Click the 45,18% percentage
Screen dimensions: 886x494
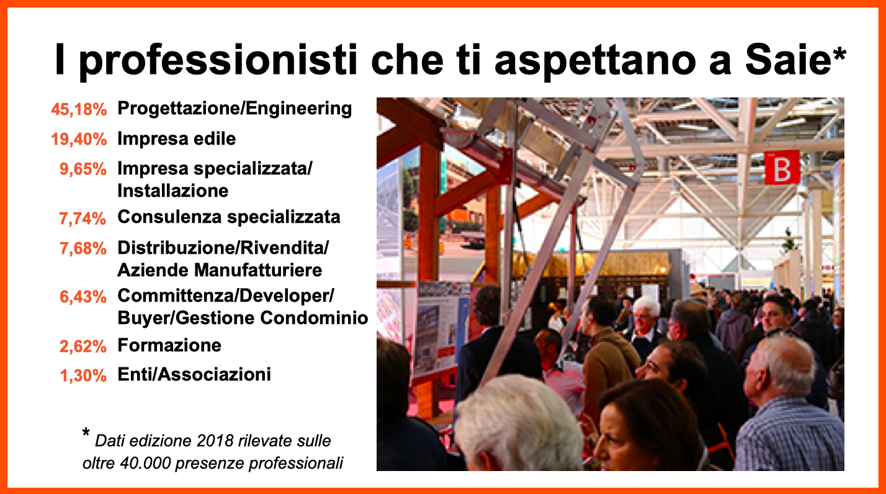click(x=79, y=110)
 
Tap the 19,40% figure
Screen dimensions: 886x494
click(x=79, y=139)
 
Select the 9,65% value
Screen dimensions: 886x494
click(x=83, y=169)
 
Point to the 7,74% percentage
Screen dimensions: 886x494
click(x=83, y=218)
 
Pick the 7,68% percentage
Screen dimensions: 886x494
click(x=83, y=249)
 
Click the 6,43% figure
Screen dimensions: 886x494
click(x=83, y=297)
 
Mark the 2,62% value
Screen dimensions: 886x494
click(x=83, y=346)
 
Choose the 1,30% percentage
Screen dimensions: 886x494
click(x=83, y=375)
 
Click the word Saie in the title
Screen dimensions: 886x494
click(x=787, y=60)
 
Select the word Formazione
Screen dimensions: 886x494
click(x=169, y=345)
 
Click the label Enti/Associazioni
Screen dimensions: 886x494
click(x=194, y=375)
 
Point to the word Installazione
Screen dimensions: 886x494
click(x=173, y=191)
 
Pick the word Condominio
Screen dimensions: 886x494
click(x=314, y=318)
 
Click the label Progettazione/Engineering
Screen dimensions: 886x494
click(x=235, y=109)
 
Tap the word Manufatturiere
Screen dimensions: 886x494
click(x=258, y=271)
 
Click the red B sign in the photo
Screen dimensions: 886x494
click(x=782, y=168)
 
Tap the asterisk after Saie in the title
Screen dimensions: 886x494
click(x=839, y=54)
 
